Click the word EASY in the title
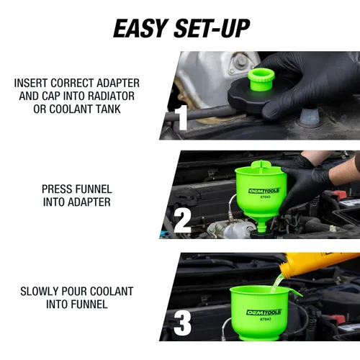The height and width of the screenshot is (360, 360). click(x=140, y=29)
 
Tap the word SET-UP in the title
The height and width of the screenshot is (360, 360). click(x=212, y=29)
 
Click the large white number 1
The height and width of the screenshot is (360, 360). click(x=181, y=117)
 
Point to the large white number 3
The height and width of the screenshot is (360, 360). click(x=182, y=323)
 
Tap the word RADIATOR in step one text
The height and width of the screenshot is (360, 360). click(x=111, y=96)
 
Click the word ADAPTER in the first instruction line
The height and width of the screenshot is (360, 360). click(x=118, y=83)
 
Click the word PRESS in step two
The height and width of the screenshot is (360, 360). click(x=56, y=189)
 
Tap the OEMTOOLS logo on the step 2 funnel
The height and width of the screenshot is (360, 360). click(x=264, y=191)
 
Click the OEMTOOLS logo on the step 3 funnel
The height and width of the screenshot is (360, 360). click(x=264, y=312)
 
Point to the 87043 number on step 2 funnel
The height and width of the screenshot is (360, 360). click(x=265, y=197)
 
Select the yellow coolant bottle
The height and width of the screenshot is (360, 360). click(x=317, y=265)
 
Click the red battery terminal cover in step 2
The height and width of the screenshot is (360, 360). click(x=338, y=194)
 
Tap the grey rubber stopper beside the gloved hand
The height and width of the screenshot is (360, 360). click(x=310, y=117)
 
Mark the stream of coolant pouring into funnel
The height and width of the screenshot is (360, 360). click(x=276, y=284)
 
